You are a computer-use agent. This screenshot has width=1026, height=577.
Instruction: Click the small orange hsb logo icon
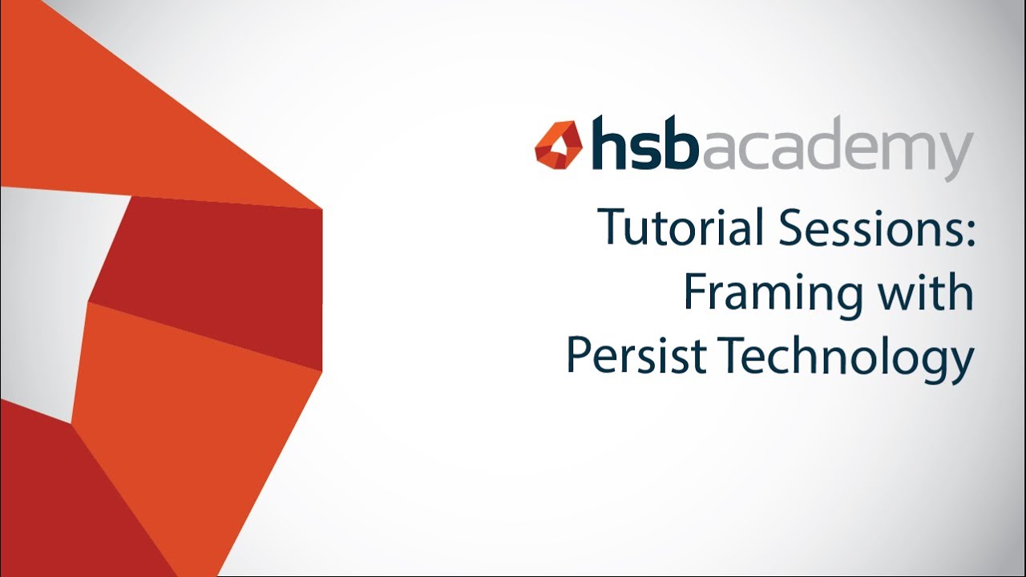pyautogui.click(x=558, y=145)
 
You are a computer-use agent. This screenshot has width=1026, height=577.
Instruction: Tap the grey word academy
pyautogui.click(x=837, y=151)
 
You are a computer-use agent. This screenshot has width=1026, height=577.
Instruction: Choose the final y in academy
pyautogui.click(x=959, y=156)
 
